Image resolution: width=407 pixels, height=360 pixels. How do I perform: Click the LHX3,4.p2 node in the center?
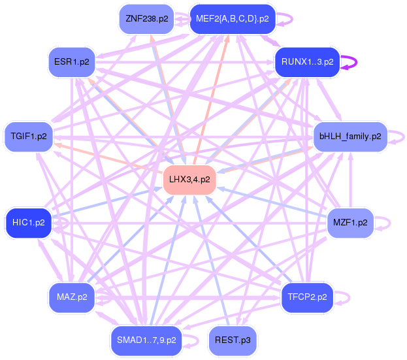point(189,179)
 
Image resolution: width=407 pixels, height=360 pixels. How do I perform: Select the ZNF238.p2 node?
point(146,19)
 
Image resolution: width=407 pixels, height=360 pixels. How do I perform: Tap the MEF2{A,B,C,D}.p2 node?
point(232,19)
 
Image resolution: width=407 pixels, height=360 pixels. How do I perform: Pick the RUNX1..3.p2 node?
point(307,62)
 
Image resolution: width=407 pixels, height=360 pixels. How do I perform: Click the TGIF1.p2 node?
point(29,137)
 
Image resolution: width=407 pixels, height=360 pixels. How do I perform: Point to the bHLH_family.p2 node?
point(350,137)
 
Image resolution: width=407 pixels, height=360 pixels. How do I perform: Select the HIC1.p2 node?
point(28,222)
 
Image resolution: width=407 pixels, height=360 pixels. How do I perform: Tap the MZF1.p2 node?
point(350,222)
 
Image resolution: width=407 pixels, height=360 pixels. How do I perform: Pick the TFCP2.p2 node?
point(307,297)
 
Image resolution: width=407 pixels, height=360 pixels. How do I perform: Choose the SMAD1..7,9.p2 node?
point(146,340)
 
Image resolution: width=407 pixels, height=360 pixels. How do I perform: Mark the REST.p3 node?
point(232,340)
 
